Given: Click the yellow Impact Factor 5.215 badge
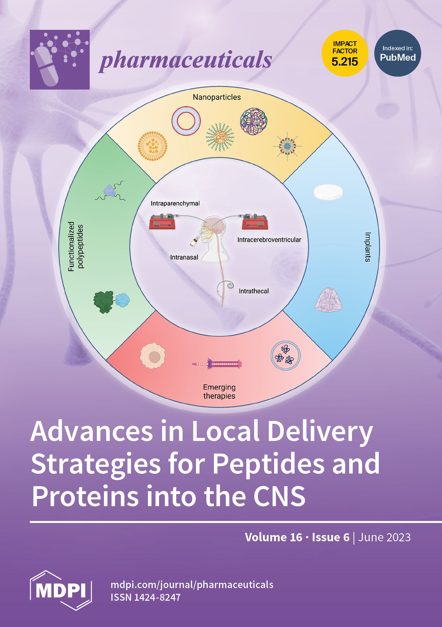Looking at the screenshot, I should coord(345,53).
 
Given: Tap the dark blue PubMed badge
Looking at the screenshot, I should coord(397,53).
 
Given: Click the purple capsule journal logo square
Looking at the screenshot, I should coord(60,59).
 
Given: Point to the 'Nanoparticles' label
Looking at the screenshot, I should coord(217,97).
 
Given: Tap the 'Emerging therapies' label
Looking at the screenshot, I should coord(219,391).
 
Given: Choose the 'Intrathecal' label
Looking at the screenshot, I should coord(254,291).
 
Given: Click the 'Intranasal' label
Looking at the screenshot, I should coord(184,257).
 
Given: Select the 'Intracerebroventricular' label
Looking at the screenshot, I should coord(269,240).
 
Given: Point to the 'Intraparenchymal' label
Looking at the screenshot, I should coord(175,204).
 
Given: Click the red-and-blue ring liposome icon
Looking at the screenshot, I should coord(186,121).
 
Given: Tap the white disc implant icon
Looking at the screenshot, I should coord(328,192).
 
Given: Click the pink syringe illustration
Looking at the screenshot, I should coord(217,364).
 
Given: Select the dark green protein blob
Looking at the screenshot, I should coord(103,302).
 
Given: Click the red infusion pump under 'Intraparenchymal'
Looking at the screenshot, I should coord(162,222).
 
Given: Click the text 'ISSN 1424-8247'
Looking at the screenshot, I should coord(145,597).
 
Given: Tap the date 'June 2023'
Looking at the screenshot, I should coord(384,537).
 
